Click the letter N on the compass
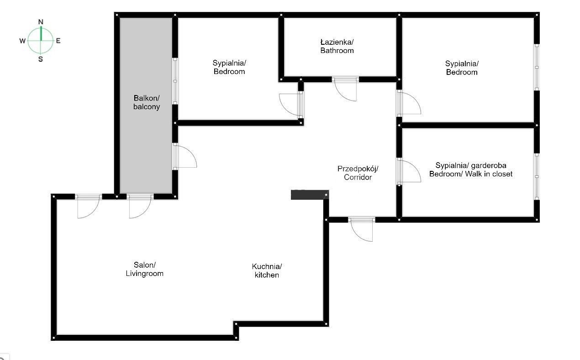[x=41, y=22]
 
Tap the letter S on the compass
[x=41, y=59]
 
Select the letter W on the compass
[x=22, y=41]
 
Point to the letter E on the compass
[x=58, y=41]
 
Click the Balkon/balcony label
[x=147, y=102]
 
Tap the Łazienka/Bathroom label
[x=337, y=46]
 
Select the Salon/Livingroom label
[x=144, y=269]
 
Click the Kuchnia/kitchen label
[x=267, y=270]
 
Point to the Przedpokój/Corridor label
[x=358, y=173]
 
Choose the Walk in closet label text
[x=489, y=174]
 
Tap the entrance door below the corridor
[x=361, y=229]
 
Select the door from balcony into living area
[x=185, y=156]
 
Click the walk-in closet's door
[x=409, y=171]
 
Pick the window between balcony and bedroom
[x=175, y=81]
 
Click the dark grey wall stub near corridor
[x=310, y=195]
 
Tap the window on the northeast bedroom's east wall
[x=537, y=67]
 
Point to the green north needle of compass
[x=41, y=33]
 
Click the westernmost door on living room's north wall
[x=88, y=206]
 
